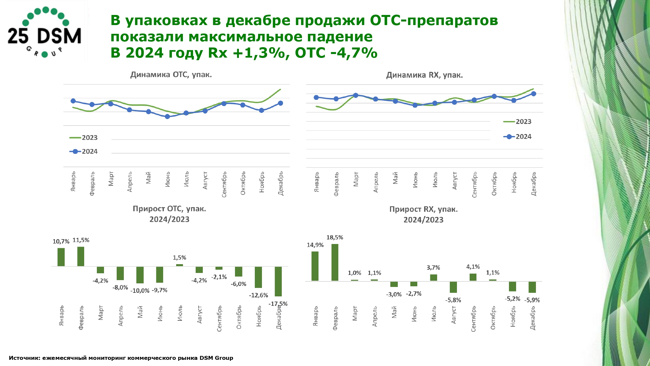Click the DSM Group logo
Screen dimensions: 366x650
45,32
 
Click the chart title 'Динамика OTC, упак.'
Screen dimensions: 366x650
171,75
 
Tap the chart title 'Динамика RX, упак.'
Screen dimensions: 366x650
424,75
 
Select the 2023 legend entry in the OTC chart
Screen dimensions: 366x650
84,138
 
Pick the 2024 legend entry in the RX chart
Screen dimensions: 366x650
517,137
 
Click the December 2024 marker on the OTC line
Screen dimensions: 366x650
280,103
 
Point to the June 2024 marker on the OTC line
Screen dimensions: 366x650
167,116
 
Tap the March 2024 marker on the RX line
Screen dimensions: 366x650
356,95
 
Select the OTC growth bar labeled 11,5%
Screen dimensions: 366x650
81,256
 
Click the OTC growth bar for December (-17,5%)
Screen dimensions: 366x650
278,281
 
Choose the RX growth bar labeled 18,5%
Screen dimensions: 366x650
335,262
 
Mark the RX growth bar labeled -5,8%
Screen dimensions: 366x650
453,287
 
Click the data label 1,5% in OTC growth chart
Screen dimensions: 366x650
179,258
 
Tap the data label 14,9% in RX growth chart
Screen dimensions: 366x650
315,245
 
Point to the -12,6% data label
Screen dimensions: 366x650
258,295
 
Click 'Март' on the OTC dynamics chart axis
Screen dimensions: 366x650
111,179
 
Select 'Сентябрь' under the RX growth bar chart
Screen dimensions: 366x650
474,319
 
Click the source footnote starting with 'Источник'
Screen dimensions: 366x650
121,358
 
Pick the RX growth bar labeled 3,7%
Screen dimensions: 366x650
434,278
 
